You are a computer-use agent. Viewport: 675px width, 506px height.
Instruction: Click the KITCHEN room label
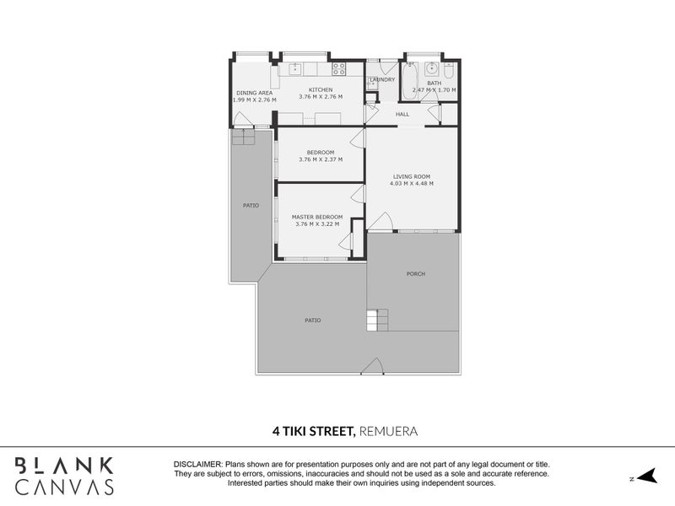[321, 89]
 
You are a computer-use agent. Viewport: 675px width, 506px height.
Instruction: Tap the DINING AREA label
[254, 93]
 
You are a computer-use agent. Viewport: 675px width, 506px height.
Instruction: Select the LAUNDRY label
[382, 80]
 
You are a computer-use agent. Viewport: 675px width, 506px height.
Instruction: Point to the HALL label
[402, 114]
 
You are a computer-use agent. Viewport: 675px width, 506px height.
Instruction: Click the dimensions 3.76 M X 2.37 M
[320, 159]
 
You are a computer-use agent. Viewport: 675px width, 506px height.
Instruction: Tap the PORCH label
[415, 274]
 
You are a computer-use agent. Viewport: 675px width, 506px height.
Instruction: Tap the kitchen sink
[297, 69]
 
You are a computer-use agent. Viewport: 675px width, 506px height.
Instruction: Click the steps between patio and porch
[376, 320]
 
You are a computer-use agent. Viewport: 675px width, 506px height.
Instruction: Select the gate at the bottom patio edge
[372, 367]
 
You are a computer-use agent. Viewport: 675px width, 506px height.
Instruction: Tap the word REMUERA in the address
[389, 431]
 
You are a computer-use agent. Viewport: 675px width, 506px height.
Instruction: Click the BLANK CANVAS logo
[64, 476]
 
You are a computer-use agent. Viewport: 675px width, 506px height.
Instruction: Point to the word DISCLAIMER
[198, 465]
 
